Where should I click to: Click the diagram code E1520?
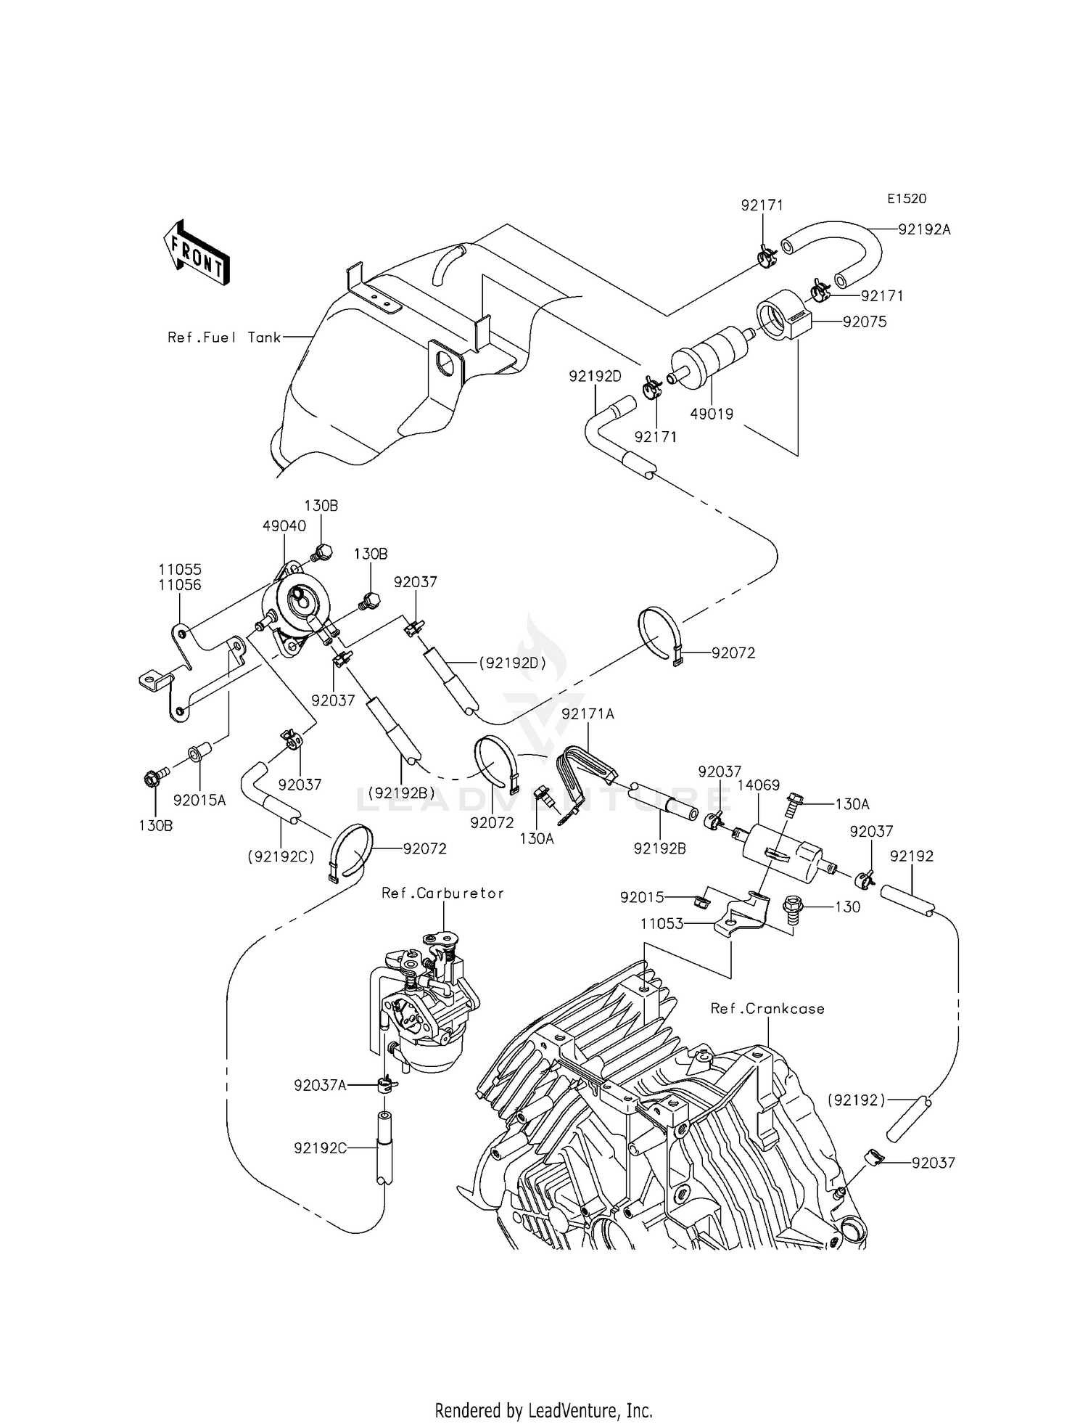click(x=906, y=199)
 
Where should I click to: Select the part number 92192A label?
click(x=923, y=229)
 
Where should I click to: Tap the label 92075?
click(x=864, y=322)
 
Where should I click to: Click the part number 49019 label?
click(x=711, y=414)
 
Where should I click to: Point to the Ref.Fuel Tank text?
click(x=224, y=337)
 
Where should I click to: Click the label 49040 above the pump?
click(x=284, y=525)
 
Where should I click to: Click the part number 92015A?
click(x=199, y=800)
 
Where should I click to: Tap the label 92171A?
click(x=588, y=714)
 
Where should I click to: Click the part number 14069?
click(x=758, y=785)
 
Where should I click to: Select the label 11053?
click(x=662, y=924)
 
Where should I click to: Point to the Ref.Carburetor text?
click(x=442, y=893)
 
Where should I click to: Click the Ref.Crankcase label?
click(x=767, y=1008)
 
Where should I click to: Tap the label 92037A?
click(x=320, y=1085)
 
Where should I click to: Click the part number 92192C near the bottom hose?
click(x=320, y=1148)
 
